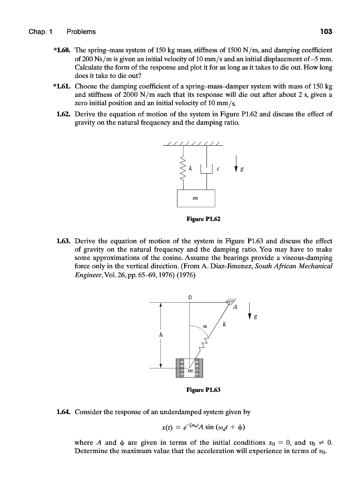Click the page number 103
click(326, 31)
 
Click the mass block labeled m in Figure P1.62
click(197, 197)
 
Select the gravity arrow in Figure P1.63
click(250, 311)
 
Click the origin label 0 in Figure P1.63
click(190, 297)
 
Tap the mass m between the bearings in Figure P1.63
click(191, 369)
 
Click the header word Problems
click(81, 31)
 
